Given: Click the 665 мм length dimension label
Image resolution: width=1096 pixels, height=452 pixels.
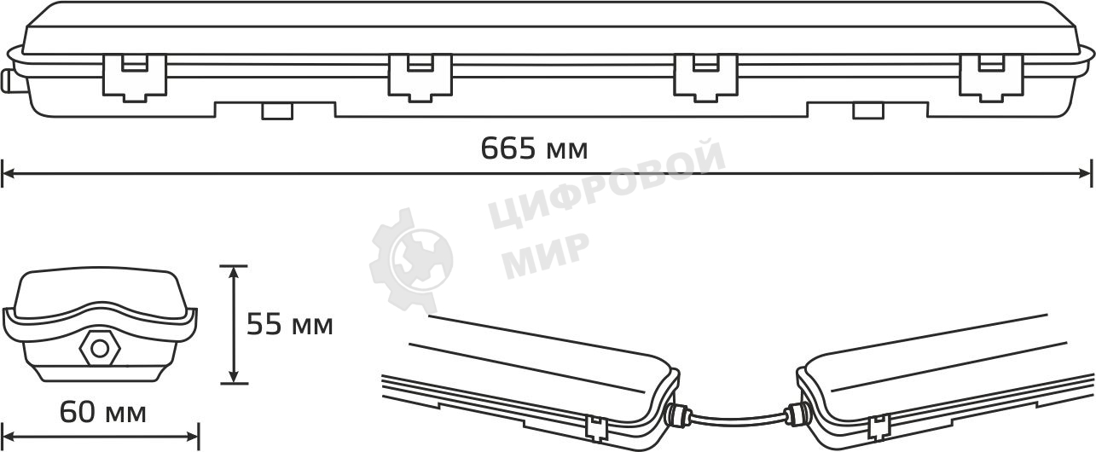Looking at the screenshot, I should [x=534, y=149].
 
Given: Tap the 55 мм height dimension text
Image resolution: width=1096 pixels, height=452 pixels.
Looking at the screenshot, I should [x=289, y=325].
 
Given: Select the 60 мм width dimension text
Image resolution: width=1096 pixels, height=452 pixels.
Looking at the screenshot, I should [x=102, y=414].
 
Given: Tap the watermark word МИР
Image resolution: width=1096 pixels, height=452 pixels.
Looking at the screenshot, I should [x=545, y=253].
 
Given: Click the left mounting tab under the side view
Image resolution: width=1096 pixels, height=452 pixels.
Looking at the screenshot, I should [x=275, y=111].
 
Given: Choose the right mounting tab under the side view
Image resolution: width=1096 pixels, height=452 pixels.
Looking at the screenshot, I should [x=867, y=111].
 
